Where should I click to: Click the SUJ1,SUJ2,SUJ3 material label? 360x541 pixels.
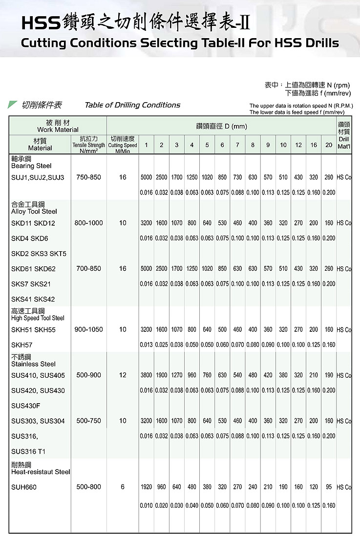[38, 177]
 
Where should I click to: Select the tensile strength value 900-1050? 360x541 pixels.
[88, 329]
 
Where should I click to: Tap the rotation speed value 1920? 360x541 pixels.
[146, 487]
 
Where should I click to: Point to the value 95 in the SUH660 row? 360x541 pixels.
[329, 487]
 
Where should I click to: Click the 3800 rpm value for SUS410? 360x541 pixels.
[146, 375]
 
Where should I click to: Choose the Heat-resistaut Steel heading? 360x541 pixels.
[41, 472]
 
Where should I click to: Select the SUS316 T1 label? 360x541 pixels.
[28, 452]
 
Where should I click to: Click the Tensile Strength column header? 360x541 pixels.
[88, 145]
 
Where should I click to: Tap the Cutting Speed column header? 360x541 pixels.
[123, 145]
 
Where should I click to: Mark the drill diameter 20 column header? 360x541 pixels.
[329, 145]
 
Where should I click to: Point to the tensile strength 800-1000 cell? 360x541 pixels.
[88, 223]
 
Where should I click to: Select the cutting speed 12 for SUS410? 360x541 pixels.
[123, 375]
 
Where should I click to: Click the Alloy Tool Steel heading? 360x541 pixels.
[34, 212]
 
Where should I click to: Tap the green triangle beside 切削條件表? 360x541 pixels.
[13, 105]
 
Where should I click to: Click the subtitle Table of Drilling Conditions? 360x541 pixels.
[132, 105]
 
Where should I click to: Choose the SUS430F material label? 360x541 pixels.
[26, 406]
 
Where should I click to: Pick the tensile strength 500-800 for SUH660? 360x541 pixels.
[88, 487]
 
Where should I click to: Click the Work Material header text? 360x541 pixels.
[58, 130]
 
